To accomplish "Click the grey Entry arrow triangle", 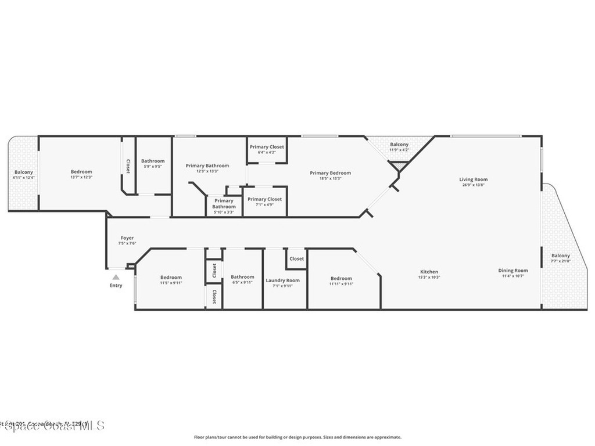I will click(116, 277).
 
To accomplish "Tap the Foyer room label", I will click(127, 238).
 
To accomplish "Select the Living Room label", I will click(474, 180).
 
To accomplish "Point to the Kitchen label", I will click(429, 272).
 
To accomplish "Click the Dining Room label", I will click(513, 270).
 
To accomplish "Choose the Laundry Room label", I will click(283, 280).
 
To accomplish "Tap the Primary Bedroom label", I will click(330, 173).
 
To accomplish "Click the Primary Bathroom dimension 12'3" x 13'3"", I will click(207, 171).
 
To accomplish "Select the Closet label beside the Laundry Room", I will click(296, 259).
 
